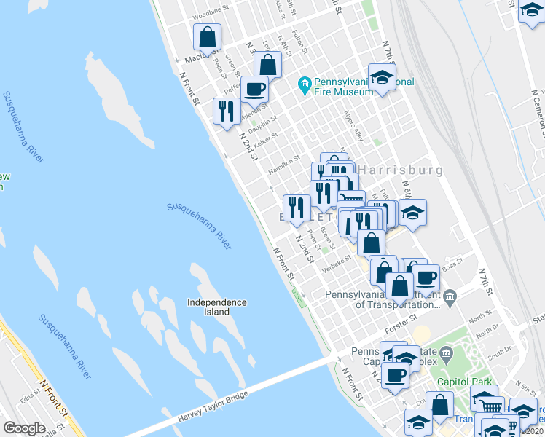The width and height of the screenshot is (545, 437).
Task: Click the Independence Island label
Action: pos(216,307)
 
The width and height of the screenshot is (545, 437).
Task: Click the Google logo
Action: pos(24,428)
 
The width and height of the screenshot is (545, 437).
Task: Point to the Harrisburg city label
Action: pos(401,170)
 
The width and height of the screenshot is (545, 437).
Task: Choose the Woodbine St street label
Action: pos(211,16)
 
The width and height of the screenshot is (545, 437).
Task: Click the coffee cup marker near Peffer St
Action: pos(255,89)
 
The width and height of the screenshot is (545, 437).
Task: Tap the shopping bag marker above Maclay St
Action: pos(208,37)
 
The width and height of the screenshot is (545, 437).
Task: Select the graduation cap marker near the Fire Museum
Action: pos(382,76)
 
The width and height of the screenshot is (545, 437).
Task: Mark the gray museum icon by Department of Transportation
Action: pos(450,296)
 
